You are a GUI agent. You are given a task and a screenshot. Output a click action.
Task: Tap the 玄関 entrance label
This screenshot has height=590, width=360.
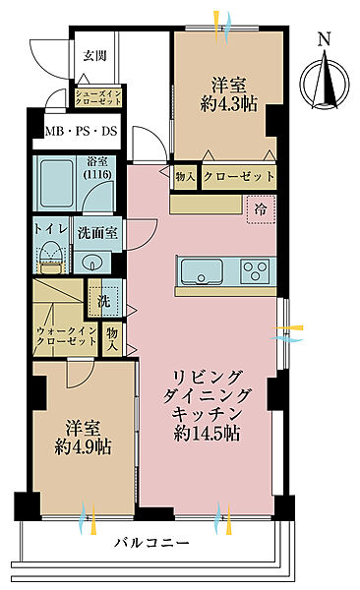94,55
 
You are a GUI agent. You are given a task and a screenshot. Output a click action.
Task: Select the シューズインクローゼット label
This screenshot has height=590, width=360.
97,98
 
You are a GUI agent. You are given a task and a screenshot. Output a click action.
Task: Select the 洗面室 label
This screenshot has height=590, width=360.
98,232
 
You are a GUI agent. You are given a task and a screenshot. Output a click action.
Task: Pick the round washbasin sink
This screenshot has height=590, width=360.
93,263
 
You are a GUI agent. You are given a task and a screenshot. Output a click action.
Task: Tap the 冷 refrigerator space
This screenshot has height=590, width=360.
261,208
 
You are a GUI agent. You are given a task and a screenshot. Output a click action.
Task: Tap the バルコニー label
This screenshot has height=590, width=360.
145,542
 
